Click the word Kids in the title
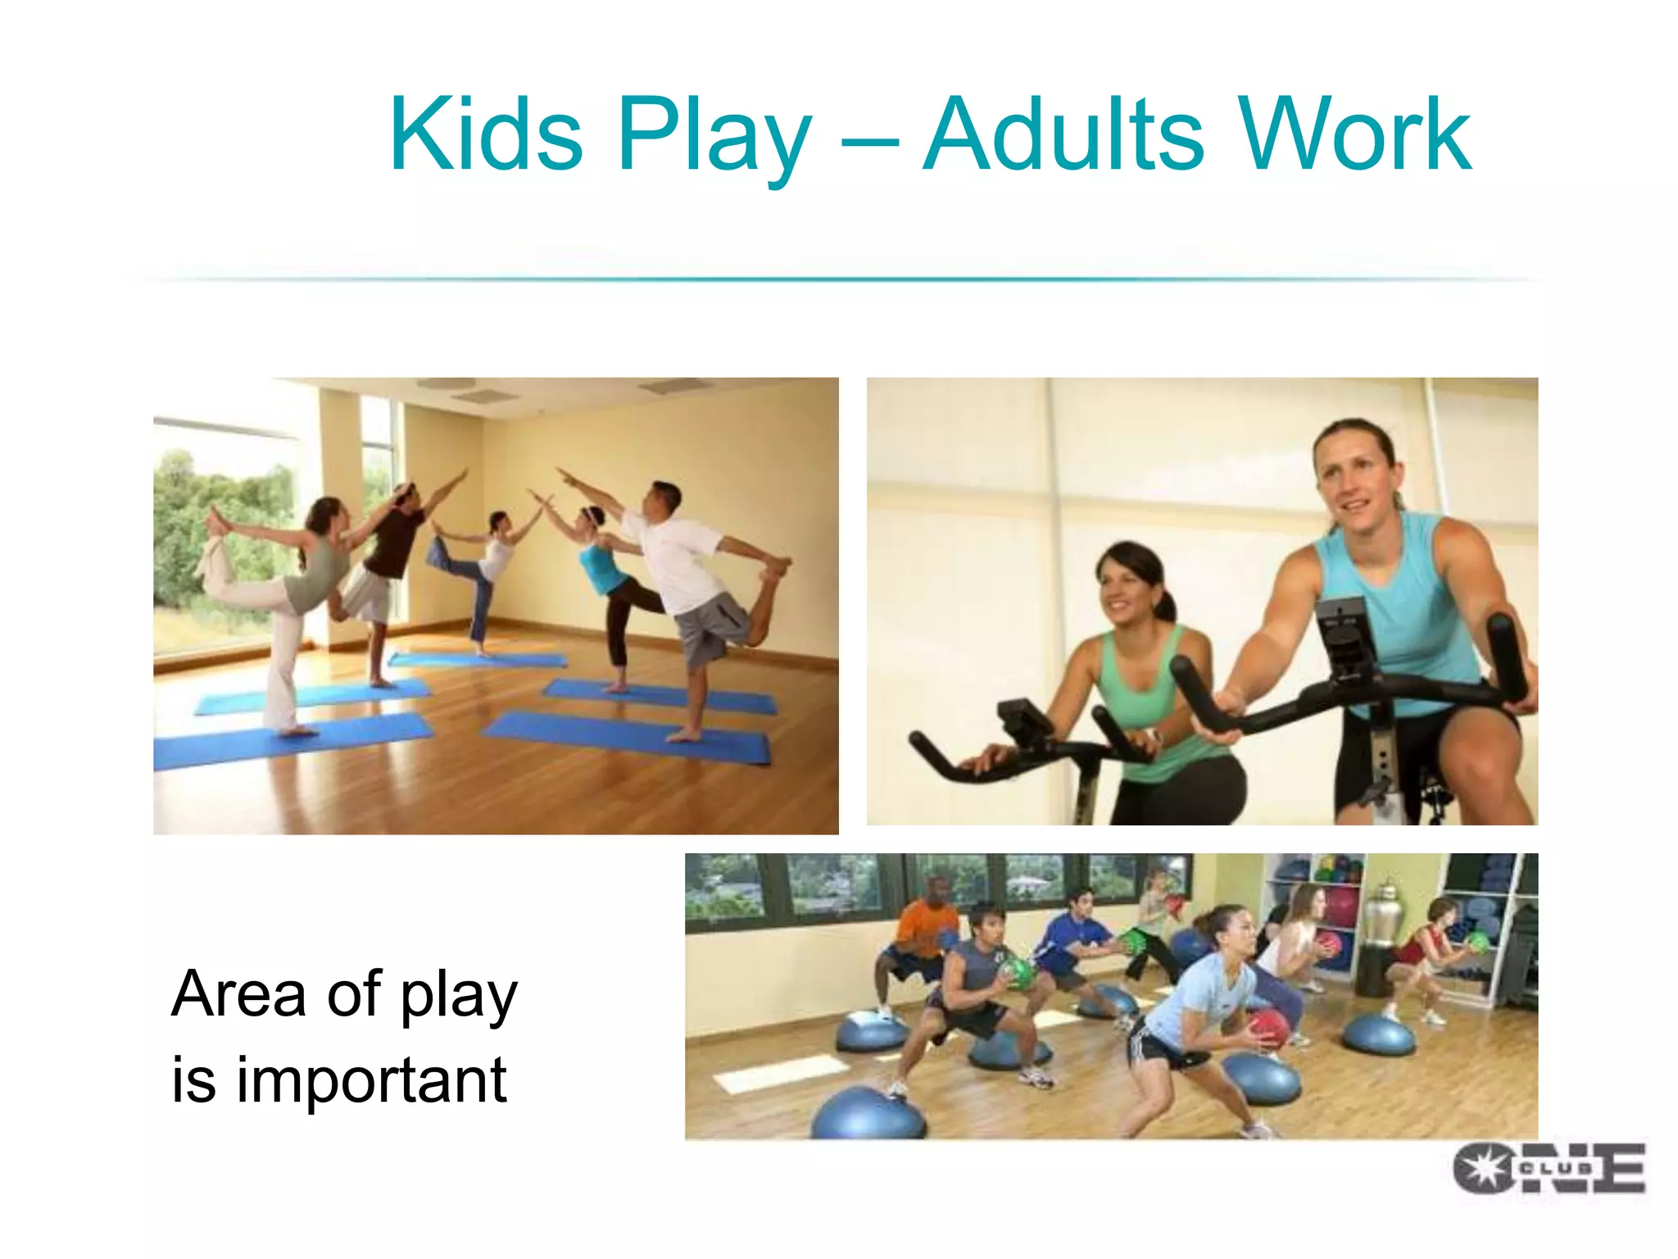coord(485,135)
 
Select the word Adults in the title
coord(1063,135)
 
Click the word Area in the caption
coord(238,993)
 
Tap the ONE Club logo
coord(1549,1168)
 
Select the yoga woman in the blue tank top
coord(602,566)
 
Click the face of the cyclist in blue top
coord(1356,475)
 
